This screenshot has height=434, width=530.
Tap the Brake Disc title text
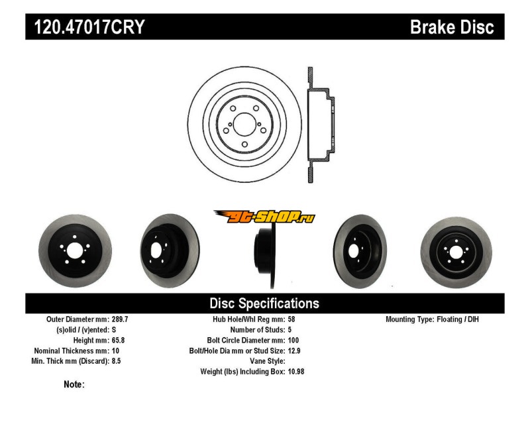point(452,27)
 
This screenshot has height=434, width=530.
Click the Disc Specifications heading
point(264,303)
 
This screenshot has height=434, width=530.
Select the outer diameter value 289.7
point(120,319)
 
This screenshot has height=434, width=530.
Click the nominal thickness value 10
point(115,351)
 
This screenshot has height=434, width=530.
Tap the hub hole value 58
point(292,319)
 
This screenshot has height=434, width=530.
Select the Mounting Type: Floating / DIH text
point(432,319)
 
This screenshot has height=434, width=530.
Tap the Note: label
point(74,384)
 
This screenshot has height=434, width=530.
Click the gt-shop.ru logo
point(264,217)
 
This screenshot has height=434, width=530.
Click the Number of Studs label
point(258,330)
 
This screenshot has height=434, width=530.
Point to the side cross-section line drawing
point(321,125)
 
